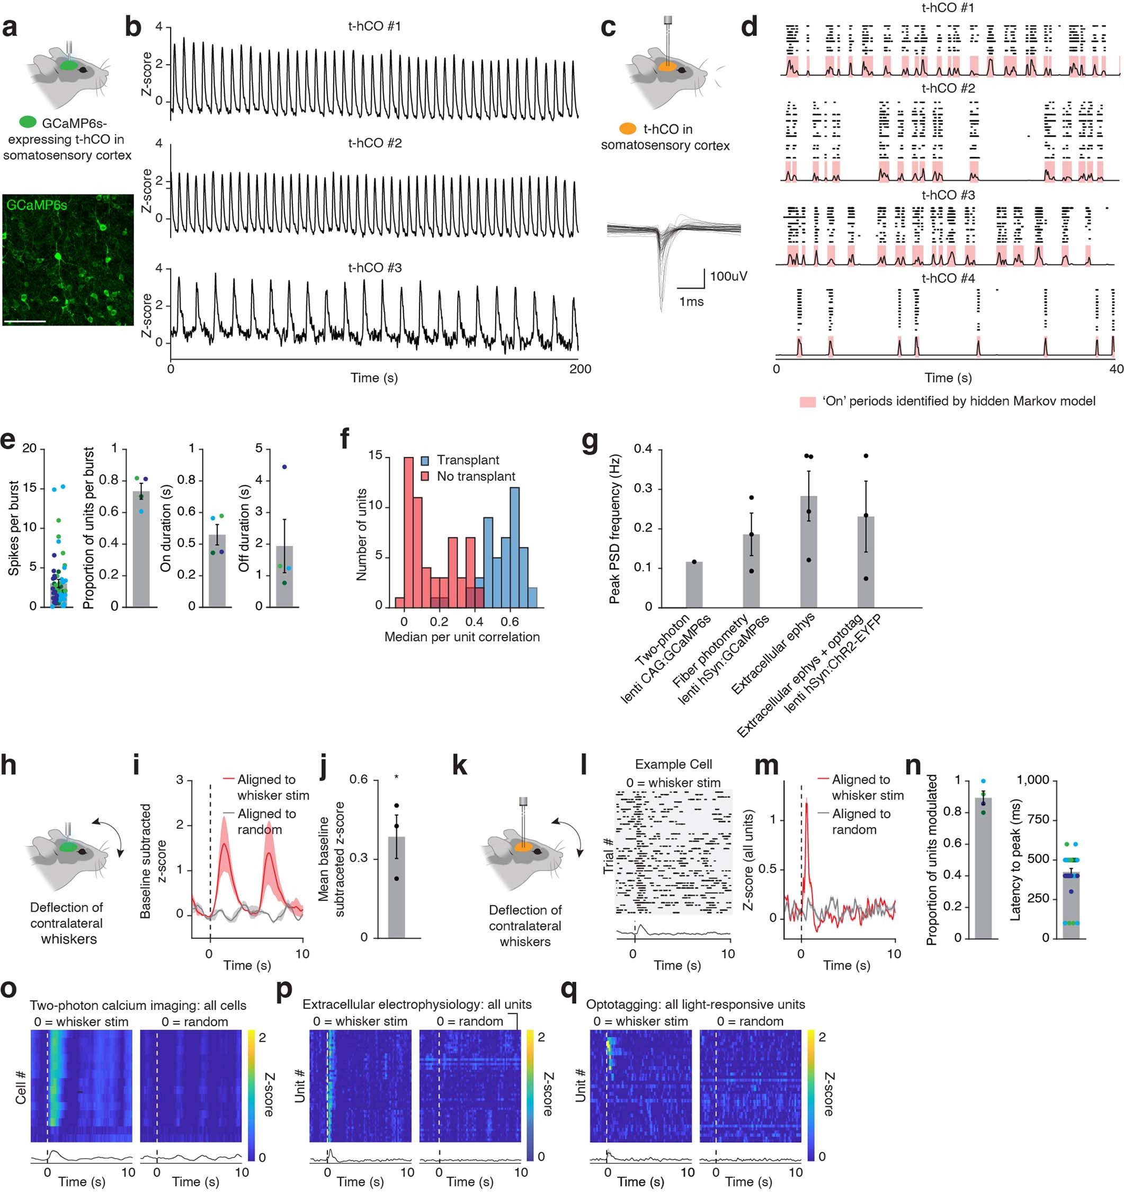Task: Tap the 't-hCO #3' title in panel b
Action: click(374, 268)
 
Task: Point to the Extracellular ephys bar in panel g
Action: click(808, 552)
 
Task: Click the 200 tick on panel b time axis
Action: click(580, 369)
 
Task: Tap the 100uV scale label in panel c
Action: click(728, 277)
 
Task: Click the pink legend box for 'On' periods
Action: click(808, 402)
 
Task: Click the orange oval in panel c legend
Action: click(627, 129)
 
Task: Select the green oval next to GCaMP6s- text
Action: click(28, 122)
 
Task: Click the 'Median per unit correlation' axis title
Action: click(461, 637)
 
